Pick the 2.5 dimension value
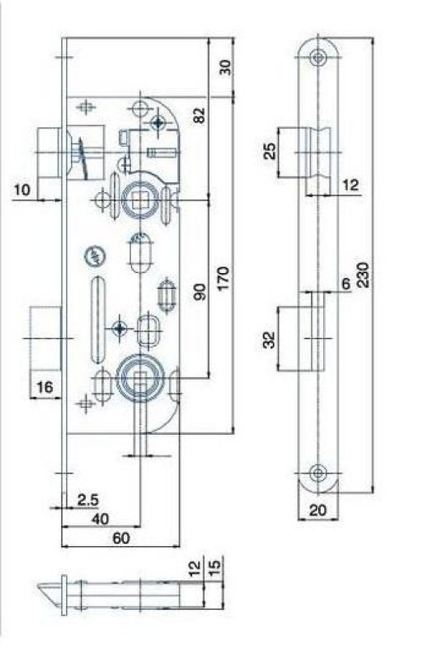point(88,500)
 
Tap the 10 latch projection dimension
point(22,191)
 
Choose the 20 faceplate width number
point(317,511)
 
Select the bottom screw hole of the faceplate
point(317,474)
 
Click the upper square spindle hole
point(136,197)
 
